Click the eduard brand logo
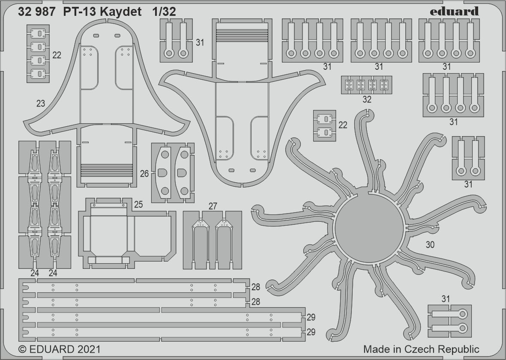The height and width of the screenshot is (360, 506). (x=454, y=12)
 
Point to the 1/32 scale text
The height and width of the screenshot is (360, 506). (x=164, y=12)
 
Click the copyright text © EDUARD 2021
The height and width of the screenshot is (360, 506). (x=60, y=349)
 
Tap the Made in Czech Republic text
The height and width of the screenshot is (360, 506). (x=421, y=349)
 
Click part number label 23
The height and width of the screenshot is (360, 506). (x=41, y=104)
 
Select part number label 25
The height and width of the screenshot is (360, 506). (x=138, y=205)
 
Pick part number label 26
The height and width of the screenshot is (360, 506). (x=144, y=174)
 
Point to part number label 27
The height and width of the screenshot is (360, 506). (x=213, y=206)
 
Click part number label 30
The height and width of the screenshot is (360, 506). (x=430, y=245)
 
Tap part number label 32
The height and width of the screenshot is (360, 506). (x=367, y=100)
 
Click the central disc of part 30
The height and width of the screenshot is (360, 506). (x=369, y=228)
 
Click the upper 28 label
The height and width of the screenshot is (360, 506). (x=256, y=287)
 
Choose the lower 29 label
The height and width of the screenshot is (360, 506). (x=311, y=332)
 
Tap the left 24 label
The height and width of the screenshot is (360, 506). (x=35, y=273)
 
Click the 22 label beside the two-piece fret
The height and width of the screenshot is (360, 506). (x=343, y=125)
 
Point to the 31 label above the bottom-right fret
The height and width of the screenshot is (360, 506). (x=446, y=299)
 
